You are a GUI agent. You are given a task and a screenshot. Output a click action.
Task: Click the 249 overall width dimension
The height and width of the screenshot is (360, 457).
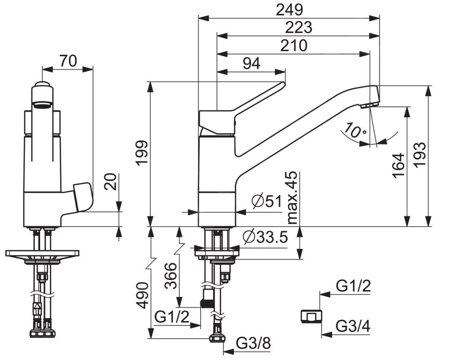[289, 10]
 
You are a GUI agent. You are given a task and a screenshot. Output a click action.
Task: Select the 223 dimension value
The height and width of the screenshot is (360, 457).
[299, 28]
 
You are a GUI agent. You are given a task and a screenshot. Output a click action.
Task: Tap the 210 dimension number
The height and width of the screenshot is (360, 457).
[294, 46]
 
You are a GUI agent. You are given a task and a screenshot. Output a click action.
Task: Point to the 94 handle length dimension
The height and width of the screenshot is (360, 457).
[251, 63]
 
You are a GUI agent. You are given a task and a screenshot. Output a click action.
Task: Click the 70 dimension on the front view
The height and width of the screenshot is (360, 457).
[68, 60]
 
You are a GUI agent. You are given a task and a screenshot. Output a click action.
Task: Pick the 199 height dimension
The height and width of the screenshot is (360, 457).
[141, 153]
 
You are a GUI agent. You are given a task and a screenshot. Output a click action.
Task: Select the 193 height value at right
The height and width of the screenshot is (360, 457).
[420, 155]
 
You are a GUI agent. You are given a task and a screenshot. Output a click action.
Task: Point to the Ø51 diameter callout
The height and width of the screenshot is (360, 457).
[267, 201]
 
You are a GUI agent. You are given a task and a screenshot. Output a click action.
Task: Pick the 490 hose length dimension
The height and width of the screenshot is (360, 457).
[142, 296]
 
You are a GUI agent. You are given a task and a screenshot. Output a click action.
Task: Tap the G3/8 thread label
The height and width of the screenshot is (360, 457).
[254, 344]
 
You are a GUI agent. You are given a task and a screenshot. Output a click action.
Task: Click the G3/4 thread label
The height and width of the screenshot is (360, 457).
[353, 326]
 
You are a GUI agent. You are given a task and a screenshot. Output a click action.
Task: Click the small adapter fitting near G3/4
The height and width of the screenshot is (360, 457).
[311, 316]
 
